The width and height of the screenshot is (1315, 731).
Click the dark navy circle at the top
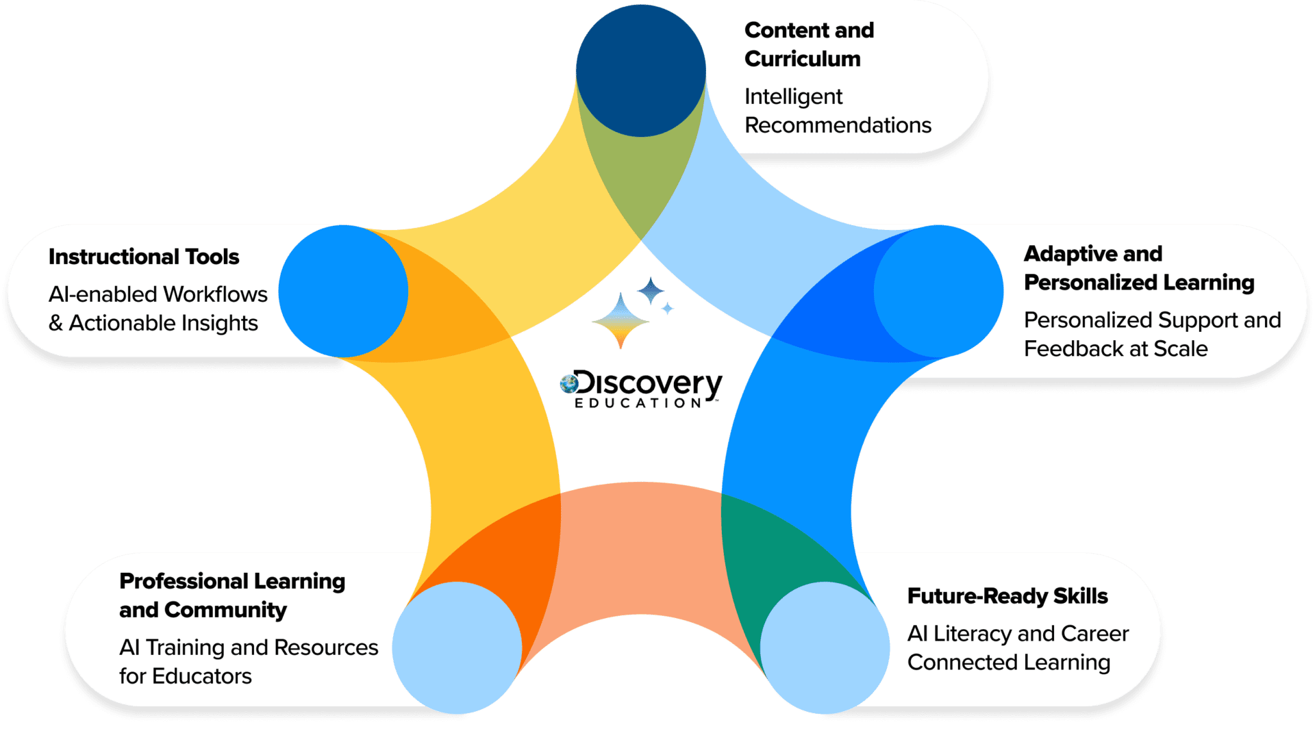tap(640, 70)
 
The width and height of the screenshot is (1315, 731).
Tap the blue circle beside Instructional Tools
tap(343, 291)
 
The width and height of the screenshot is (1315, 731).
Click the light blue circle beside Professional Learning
tap(457, 647)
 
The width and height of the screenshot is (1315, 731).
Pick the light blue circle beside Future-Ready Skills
tap(825, 647)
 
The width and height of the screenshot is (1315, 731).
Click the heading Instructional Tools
tap(144, 257)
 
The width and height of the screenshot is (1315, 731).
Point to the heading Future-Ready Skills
tap(1007, 596)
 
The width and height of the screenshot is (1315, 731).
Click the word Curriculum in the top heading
tap(802, 59)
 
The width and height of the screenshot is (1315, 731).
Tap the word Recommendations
tap(838, 125)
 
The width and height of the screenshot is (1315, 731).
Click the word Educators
tap(202, 676)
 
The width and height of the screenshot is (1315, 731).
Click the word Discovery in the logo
tap(647, 384)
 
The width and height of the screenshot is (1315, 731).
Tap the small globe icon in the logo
tap(568, 383)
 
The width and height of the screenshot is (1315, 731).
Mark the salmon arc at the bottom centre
tap(640, 520)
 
